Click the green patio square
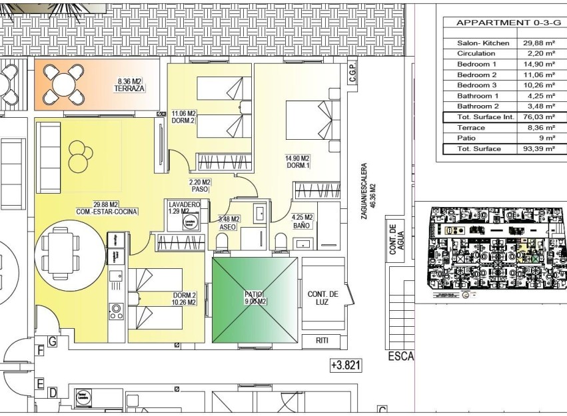[255, 302]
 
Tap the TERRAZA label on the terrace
[129, 89]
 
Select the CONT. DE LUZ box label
[323, 298]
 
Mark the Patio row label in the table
[467, 138]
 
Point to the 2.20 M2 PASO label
[199, 185]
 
